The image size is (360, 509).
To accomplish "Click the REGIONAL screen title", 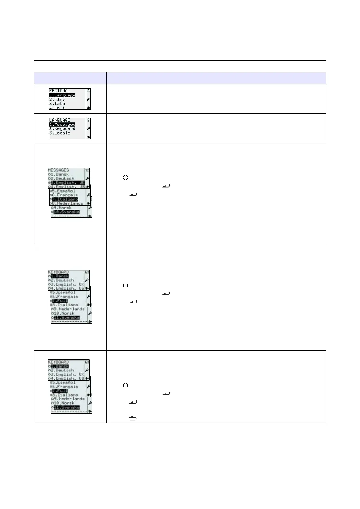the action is coord(60,91).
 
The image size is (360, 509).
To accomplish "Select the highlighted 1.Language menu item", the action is coord(62,95).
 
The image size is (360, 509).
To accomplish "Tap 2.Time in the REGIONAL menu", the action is coord(57,99).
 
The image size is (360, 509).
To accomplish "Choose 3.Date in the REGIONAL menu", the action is coord(57,104).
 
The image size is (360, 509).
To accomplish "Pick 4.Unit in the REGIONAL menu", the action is coord(57,108).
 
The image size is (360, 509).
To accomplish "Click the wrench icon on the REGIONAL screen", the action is coord(89,99).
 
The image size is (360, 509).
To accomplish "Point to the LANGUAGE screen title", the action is coord(60,120).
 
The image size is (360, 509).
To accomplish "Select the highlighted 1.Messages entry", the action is coord(62,125).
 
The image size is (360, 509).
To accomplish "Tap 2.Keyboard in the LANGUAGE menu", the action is coord(62,129).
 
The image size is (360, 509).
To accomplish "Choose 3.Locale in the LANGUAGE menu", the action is coord(60,133).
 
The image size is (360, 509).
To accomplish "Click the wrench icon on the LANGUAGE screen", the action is coord(89,128).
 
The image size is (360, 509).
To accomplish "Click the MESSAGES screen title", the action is coord(59,170).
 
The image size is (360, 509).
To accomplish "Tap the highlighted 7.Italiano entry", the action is coord(65,199).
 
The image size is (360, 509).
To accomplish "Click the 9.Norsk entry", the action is coord(62,208).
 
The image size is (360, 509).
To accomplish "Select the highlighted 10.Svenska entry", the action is coord(66,212).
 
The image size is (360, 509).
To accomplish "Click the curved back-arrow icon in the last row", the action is coord(133,418).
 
